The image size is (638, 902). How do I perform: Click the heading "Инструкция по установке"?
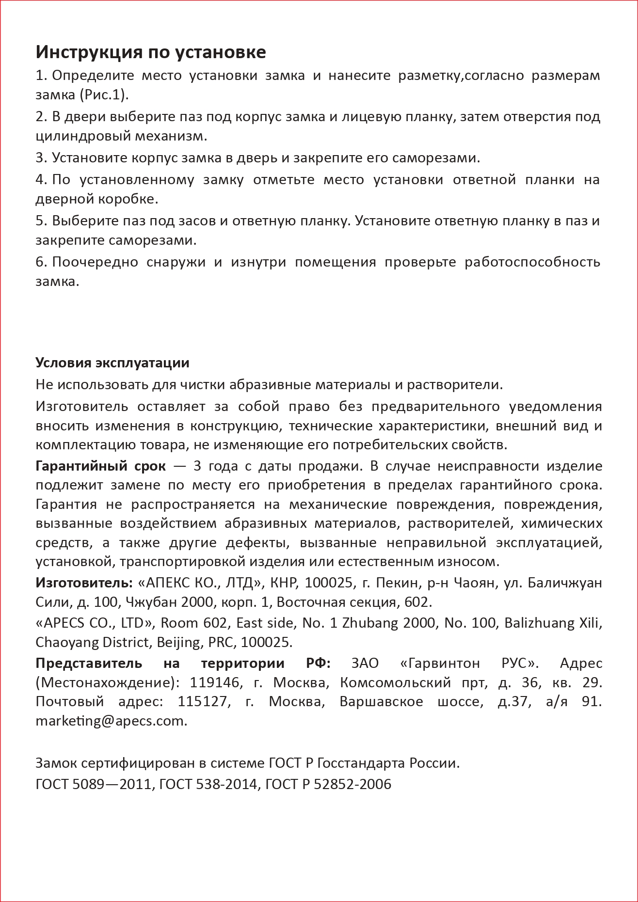click(151, 52)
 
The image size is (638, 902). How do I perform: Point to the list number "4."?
click(41, 180)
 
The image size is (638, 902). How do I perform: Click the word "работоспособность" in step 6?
click(532, 262)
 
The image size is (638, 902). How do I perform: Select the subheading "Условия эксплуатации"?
click(112, 363)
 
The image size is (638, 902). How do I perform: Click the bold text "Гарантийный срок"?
click(100, 466)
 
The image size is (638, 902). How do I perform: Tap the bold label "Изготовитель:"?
click(84, 583)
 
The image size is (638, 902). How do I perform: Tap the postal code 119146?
click(215, 682)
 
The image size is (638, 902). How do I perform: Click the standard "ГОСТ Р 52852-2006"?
click(328, 784)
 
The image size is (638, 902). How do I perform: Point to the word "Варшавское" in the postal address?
click(381, 701)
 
